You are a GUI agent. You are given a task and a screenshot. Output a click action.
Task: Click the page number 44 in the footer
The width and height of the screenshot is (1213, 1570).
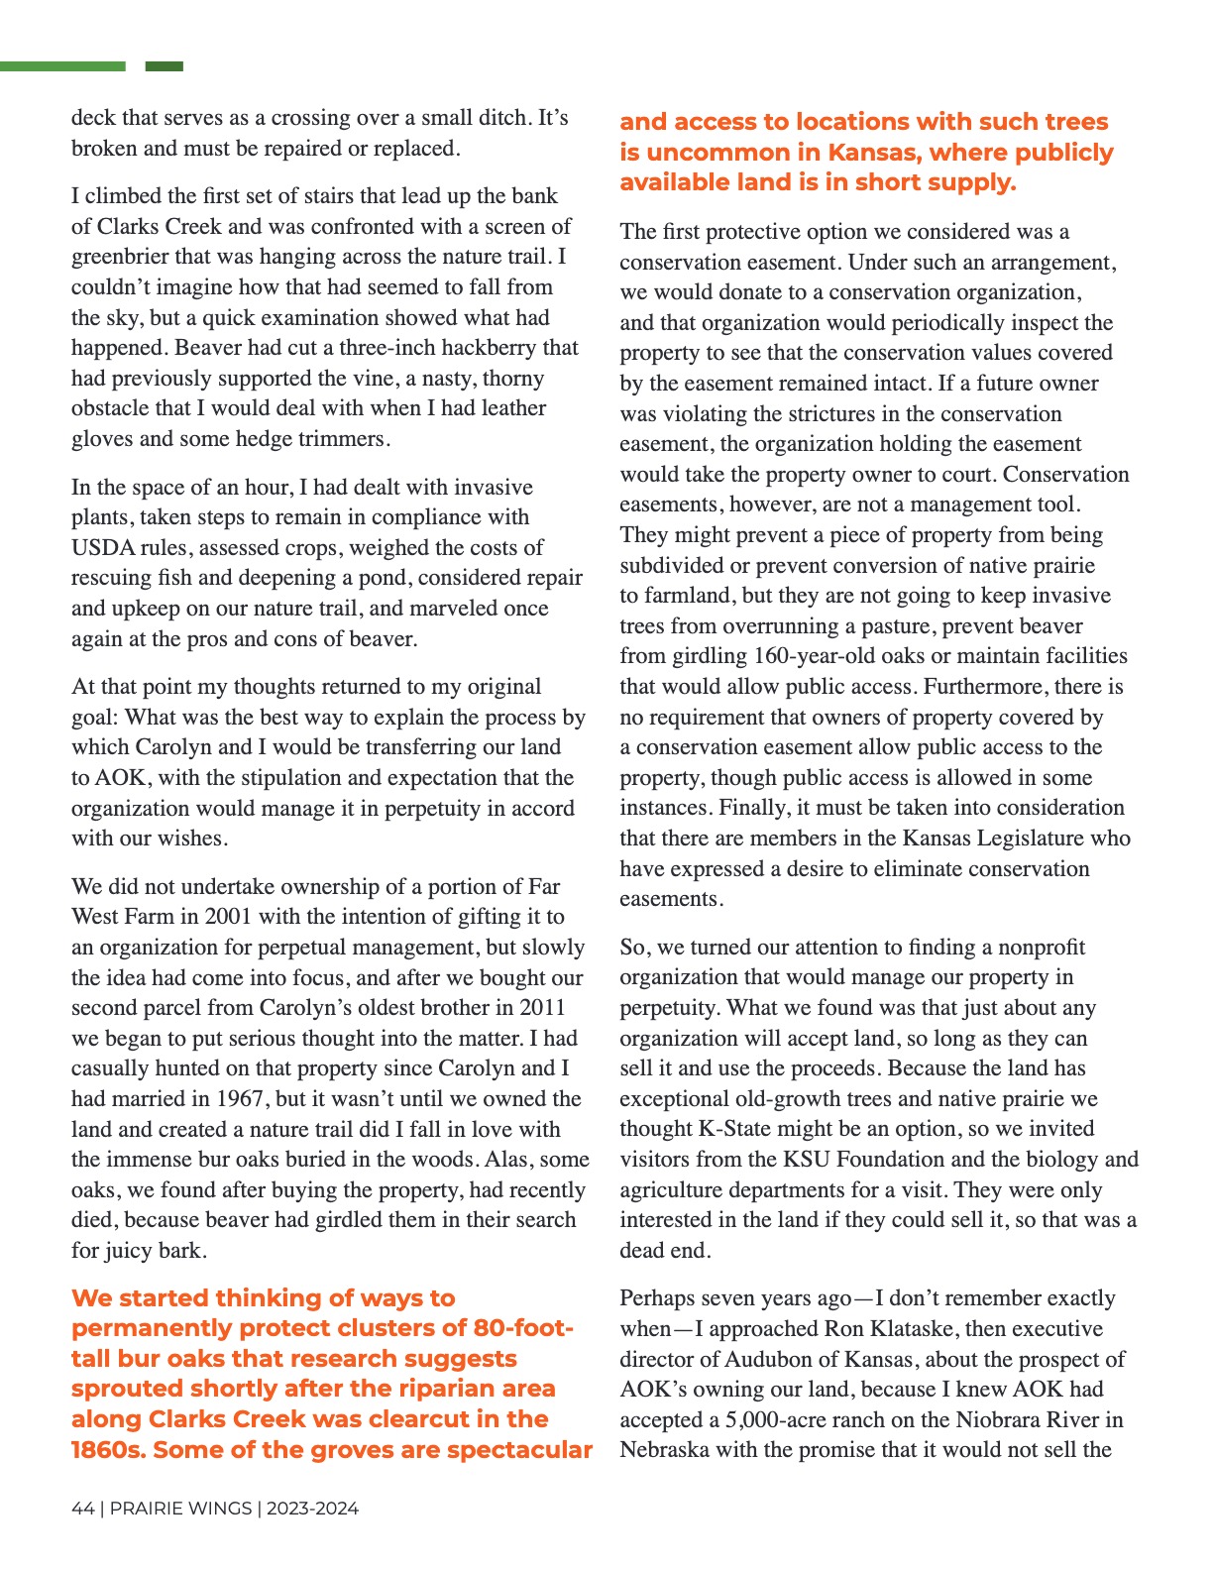pyautogui.click(x=82, y=1509)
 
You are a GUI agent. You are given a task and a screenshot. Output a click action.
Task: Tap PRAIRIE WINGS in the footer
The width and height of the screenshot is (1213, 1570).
pyautogui.click(x=180, y=1509)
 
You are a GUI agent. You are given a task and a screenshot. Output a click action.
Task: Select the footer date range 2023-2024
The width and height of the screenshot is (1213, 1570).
pyautogui.click(x=312, y=1509)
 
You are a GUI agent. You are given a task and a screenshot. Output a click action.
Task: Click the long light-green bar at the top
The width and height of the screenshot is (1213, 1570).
pyautogui.click(x=62, y=66)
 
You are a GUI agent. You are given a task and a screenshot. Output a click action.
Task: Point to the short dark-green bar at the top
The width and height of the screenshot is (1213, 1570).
pyautogui.click(x=165, y=66)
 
